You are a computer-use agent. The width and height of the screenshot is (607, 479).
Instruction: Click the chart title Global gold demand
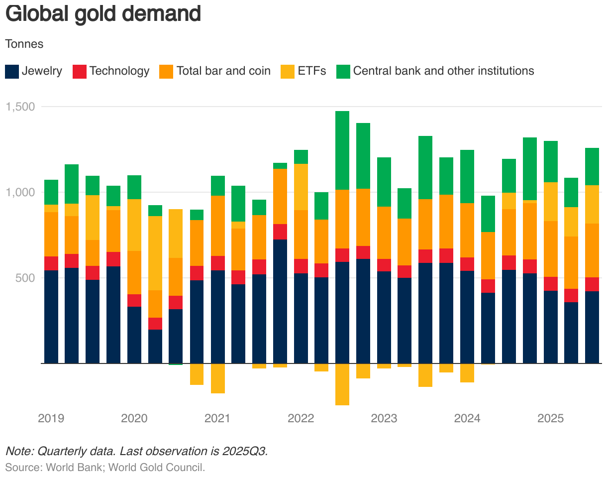102,14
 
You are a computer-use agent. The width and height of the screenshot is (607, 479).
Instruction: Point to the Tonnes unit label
24,44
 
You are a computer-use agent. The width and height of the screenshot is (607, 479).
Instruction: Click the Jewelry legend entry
33,71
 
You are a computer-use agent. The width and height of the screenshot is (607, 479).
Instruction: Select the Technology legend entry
111,71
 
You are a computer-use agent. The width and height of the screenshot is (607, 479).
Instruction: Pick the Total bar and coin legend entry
215,71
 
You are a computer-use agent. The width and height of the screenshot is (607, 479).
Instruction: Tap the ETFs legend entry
303,71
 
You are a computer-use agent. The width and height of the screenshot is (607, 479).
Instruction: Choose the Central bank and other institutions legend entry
435,71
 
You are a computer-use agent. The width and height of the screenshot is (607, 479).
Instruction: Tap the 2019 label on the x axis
51,418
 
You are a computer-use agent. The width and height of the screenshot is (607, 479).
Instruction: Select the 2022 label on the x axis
301,418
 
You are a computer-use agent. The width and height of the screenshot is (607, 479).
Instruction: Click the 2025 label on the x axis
551,418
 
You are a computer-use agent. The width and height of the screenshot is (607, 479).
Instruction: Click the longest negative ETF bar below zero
342,384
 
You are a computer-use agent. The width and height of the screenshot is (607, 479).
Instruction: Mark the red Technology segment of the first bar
51,263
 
